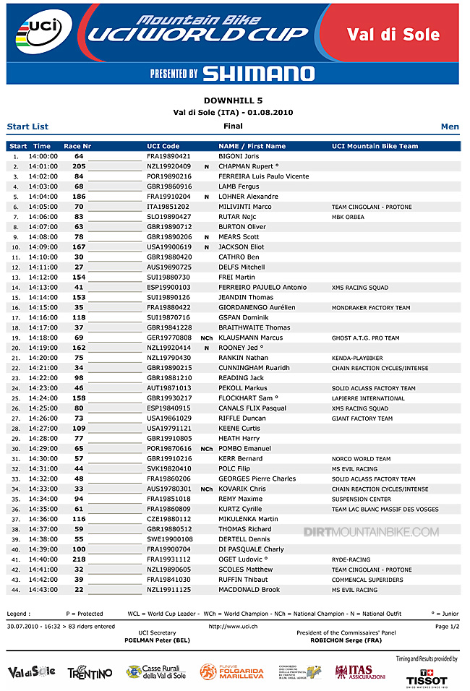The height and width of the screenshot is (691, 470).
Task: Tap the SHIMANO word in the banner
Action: click(258, 73)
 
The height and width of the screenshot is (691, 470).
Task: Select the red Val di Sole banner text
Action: click(393, 34)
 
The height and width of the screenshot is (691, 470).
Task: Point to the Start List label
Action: click(27, 126)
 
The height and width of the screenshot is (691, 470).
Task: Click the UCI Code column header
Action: click(163, 146)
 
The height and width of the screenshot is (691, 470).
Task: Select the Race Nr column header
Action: click(77, 146)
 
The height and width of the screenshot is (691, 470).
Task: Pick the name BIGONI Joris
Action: click(239, 156)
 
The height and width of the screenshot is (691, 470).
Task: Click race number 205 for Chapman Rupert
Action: click(79, 166)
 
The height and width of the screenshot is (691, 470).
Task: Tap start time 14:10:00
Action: click(43, 257)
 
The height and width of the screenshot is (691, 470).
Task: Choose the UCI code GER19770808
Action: click(168, 338)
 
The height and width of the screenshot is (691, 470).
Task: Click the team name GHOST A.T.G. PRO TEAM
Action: click(365, 338)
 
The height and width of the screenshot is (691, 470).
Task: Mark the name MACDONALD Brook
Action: click(249, 590)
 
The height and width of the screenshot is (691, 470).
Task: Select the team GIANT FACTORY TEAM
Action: click(362, 419)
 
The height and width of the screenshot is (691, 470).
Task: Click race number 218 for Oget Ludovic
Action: click(79, 559)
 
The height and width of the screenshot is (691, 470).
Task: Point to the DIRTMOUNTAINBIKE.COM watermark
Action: click(371, 533)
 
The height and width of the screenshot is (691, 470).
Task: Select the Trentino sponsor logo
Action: click(90, 673)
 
